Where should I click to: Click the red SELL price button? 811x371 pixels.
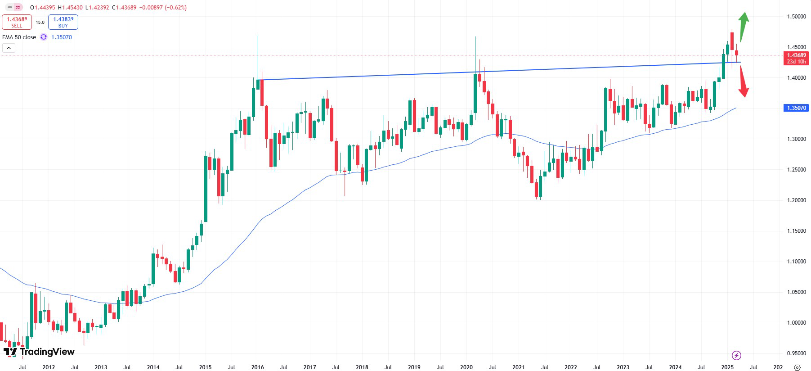[17, 22]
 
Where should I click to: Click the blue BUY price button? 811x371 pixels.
[63, 22]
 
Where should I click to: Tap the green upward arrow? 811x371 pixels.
[743, 25]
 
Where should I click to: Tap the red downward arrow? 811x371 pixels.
[743, 83]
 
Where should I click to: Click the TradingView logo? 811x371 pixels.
[39, 352]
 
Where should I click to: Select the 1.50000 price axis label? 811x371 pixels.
[796, 17]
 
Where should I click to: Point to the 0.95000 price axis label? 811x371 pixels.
[796, 353]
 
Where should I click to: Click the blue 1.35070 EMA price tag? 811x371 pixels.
[796, 108]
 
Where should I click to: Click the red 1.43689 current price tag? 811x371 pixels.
[796, 58]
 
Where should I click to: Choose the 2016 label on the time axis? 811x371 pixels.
[257, 367]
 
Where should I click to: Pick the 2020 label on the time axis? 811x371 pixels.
[466, 367]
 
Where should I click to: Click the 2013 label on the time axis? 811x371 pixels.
[101, 367]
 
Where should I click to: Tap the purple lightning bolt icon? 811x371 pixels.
[736, 355]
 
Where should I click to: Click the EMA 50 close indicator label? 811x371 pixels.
[19, 37]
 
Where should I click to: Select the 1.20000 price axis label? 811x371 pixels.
[796, 200]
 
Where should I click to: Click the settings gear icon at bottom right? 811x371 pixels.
[797, 367]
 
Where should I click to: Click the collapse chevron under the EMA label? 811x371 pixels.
[9, 48]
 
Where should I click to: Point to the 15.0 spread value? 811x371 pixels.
[40, 23]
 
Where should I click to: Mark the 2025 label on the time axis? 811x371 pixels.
[727, 367]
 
